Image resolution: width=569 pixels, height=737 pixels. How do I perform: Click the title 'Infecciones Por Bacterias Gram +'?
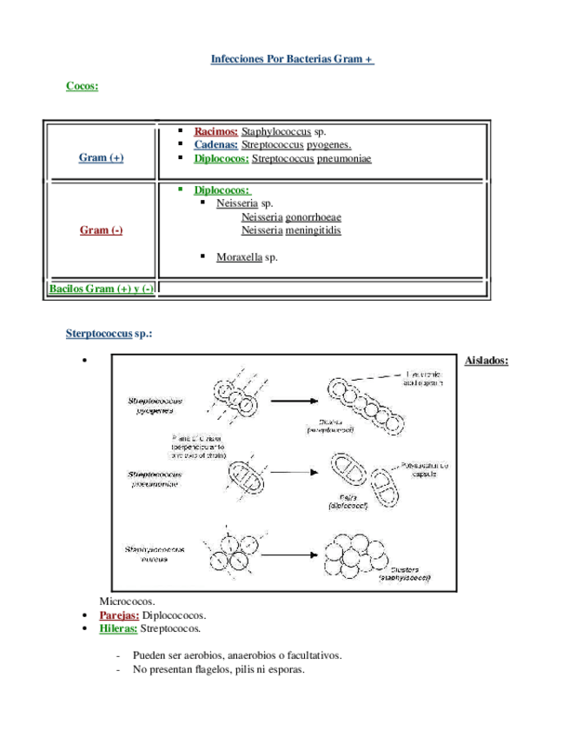click(292, 59)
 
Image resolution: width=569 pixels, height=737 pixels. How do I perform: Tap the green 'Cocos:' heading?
click(82, 85)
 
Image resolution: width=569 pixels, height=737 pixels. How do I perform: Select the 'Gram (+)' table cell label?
click(101, 157)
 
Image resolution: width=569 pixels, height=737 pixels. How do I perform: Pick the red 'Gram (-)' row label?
click(101, 229)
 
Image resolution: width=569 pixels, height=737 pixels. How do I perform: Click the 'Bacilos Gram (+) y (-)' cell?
click(101, 289)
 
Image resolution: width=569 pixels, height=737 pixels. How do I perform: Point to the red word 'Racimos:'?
click(216, 131)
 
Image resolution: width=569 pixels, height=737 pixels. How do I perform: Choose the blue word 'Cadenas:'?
click(216, 145)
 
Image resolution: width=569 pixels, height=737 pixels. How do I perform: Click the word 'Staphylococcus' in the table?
click(276, 131)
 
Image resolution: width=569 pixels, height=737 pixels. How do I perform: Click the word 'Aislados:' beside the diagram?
click(486, 360)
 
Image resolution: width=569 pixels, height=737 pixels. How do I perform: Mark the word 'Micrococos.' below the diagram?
click(127, 601)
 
